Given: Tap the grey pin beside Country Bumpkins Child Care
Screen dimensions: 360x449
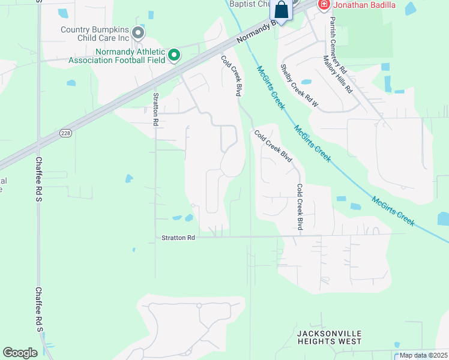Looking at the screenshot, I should pyautogui.click(x=139, y=32).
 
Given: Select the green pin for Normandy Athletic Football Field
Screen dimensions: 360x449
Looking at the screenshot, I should pyautogui.click(x=174, y=56).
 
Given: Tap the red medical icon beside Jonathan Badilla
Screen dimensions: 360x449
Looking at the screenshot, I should pyautogui.click(x=324, y=5).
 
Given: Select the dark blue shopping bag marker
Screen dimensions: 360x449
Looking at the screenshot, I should pyautogui.click(x=281, y=10).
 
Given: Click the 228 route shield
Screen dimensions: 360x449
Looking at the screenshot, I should pyautogui.click(x=66, y=134).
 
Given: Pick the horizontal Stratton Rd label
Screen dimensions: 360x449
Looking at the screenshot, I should pyautogui.click(x=178, y=238).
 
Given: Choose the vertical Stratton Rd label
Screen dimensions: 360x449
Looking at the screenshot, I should pyautogui.click(x=155, y=109).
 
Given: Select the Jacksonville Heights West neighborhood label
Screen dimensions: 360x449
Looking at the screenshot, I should pyautogui.click(x=330, y=337).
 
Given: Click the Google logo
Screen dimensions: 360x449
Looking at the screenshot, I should pyautogui.click(x=20, y=353).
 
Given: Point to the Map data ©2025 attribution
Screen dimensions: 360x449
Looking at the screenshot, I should pyautogui.click(x=423, y=355).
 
